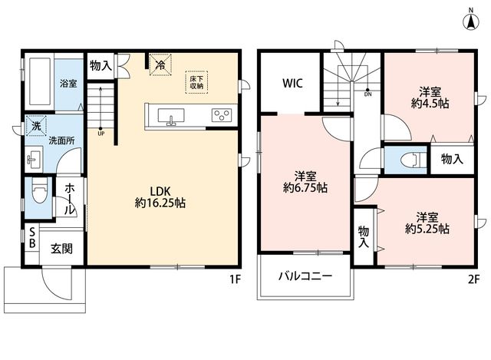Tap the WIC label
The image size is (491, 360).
(x=292, y=84)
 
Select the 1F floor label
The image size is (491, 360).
(x=235, y=279)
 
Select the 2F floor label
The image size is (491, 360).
(x=474, y=279)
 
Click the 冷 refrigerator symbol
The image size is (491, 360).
(x=160, y=64)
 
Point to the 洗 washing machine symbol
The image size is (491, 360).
(x=36, y=126)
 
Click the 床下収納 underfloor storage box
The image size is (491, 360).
(x=196, y=82)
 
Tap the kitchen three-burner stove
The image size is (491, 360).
(x=222, y=115)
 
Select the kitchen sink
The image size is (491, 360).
(x=171, y=117)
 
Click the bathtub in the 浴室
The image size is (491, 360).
(x=40, y=81)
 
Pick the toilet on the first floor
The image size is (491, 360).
(x=39, y=193)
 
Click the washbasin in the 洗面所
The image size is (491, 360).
(x=34, y=160)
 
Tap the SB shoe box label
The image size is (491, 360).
(x=32, y=238)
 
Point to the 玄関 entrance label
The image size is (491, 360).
(x=61, y=249)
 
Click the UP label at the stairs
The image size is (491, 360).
(x=101, y=134)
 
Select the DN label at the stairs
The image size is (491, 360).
(x=368, y=94)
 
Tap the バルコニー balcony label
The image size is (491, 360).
(x=305, y=276)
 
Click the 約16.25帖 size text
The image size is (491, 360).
(x=160, y=203)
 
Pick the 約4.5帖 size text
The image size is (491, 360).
(x=430, y=103)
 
